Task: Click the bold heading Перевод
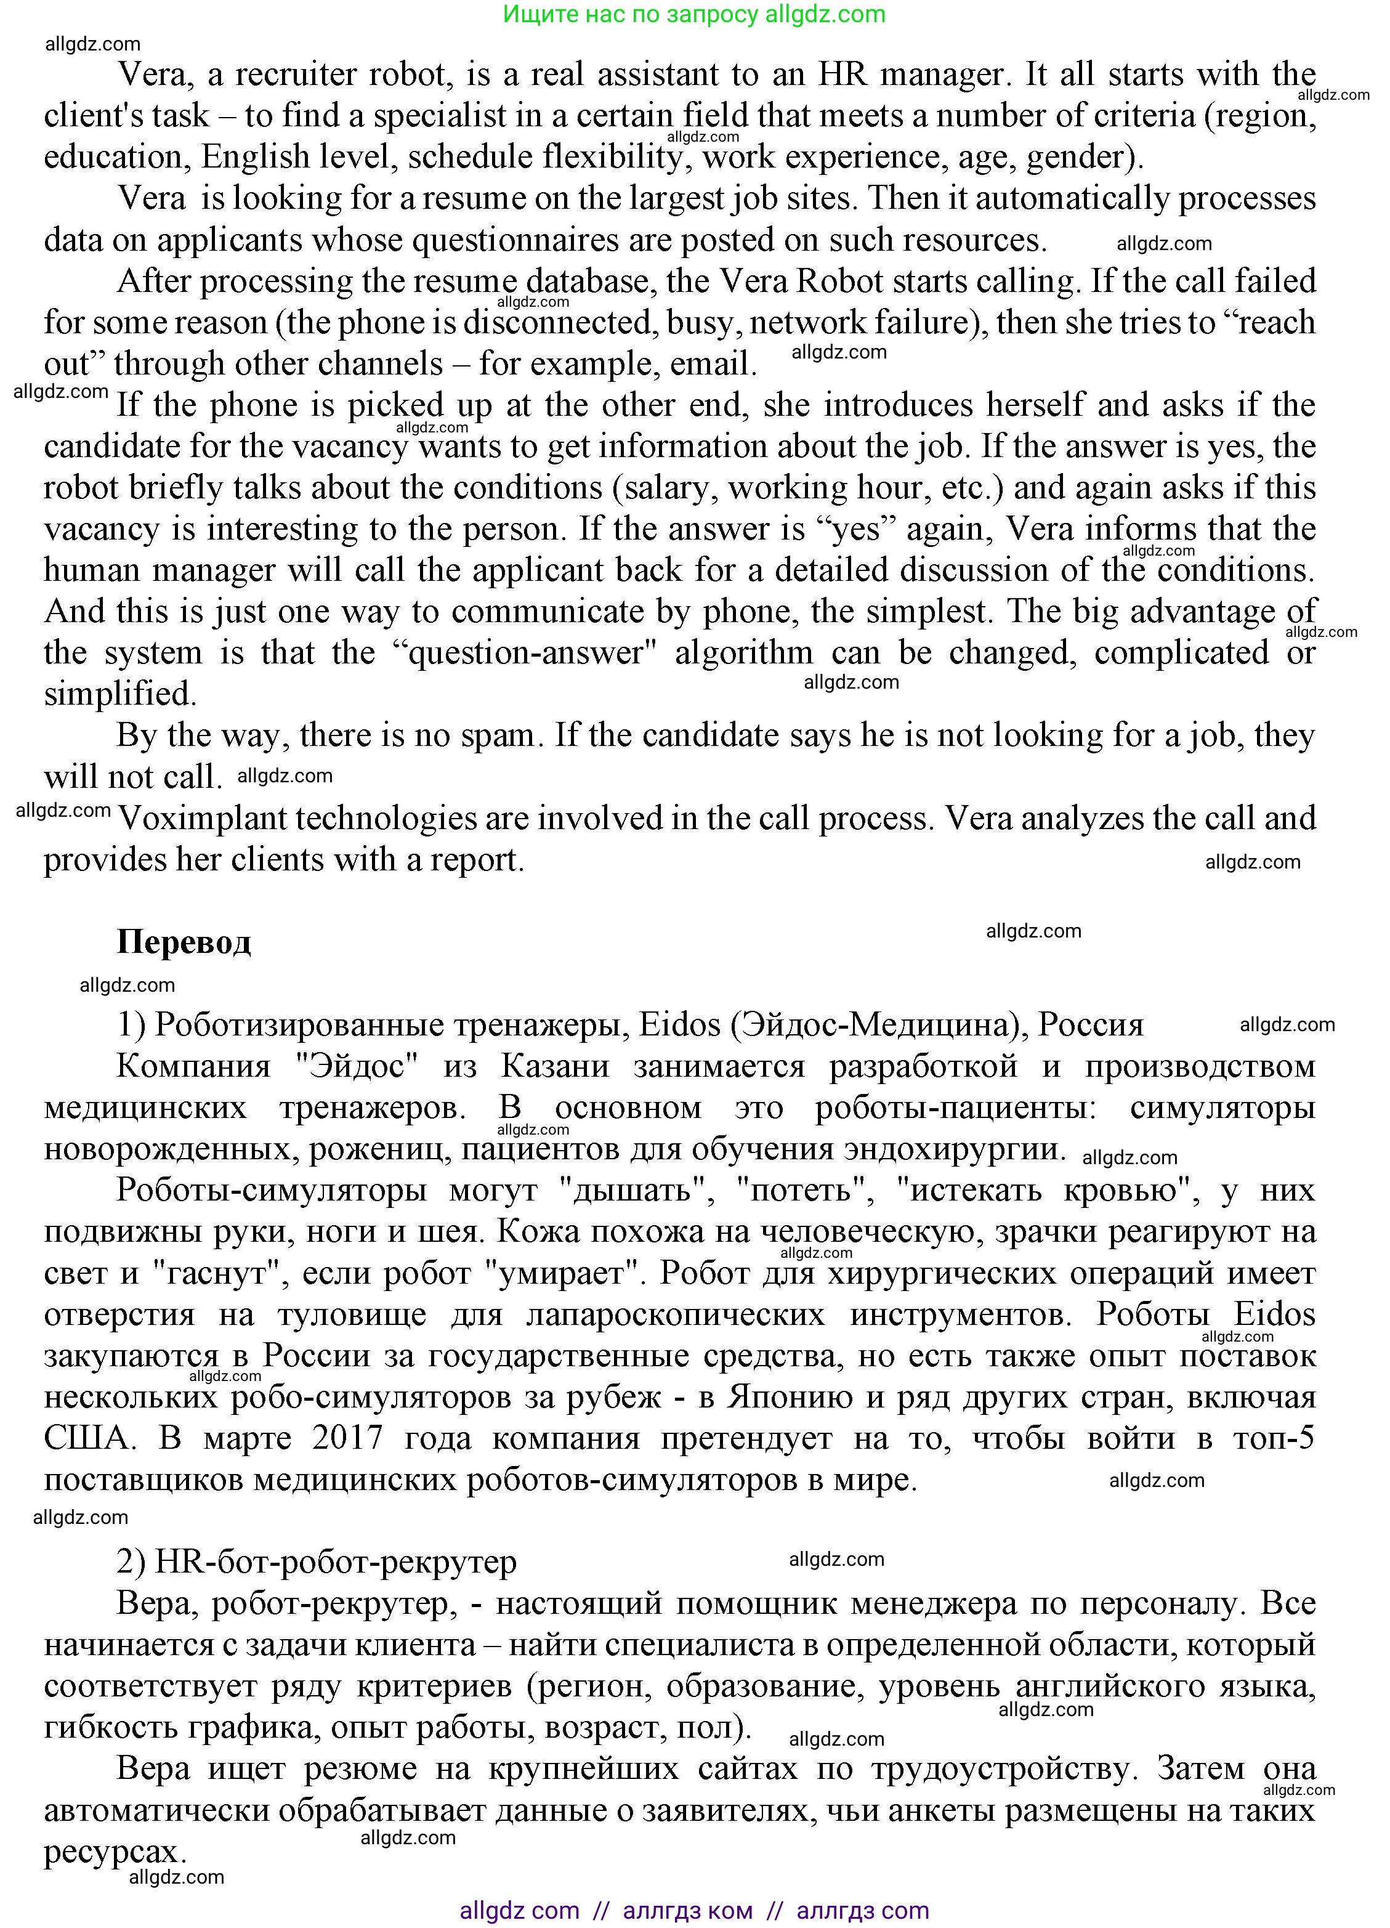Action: pos(184,942)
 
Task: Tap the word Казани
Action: pos(554,1066)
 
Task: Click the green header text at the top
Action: pos(693,14)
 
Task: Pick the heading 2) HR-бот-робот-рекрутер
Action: pos(317,1561)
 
